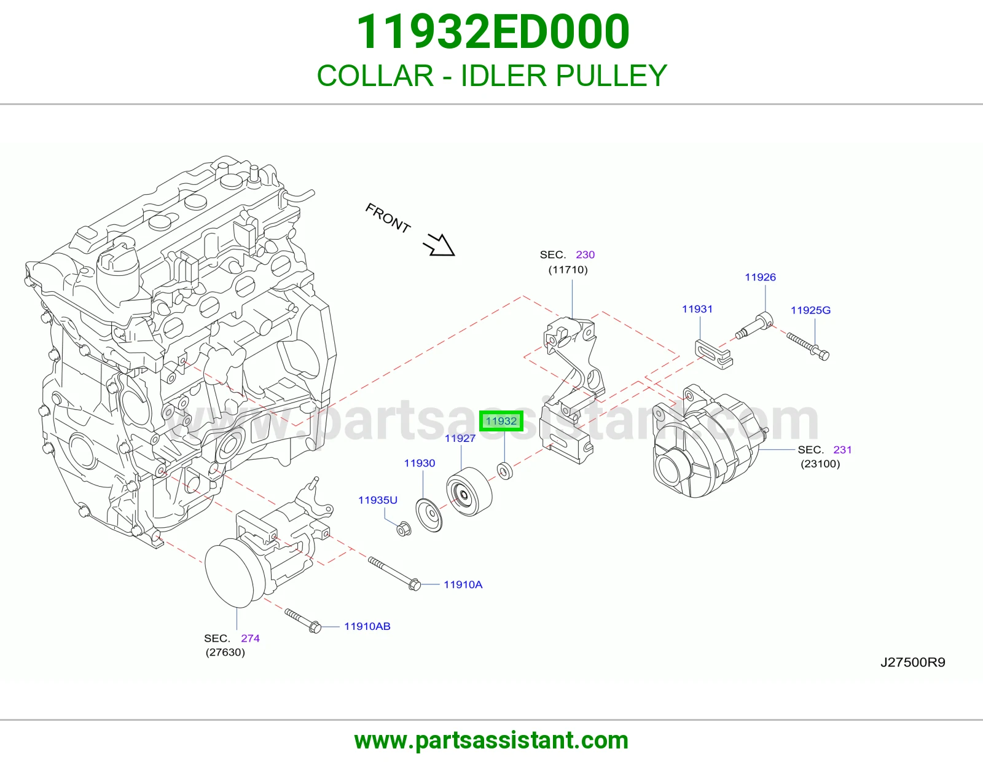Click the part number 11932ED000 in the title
click(492, 32)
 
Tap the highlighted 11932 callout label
click(501, 422)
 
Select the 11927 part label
click(460, 438)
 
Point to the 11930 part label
click(420, 463)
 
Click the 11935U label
click(378, 500)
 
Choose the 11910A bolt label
click(463, 584)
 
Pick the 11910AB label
click(367, 626)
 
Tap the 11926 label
click(761, 277)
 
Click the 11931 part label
click(697, 309)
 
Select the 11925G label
click(810, 310)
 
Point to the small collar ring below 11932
click(504, 471)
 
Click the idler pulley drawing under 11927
click(469, 492)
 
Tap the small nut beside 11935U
click(404, 528)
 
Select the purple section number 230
click(585, 255)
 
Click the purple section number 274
click(250, 638)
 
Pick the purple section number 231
click(842, 450)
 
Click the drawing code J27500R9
click(913, 662)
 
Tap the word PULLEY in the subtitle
click(611, 76)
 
